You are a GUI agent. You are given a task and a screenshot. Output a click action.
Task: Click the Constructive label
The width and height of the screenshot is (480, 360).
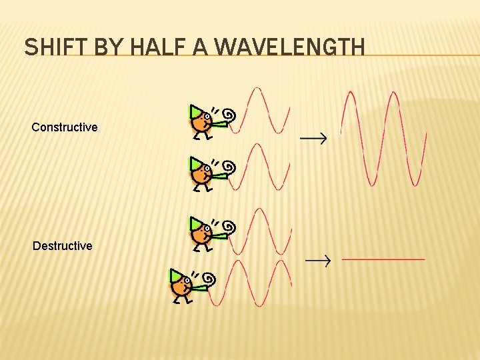coord(65,127)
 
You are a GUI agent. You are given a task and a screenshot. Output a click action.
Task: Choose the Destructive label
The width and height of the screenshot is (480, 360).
coord(63,246)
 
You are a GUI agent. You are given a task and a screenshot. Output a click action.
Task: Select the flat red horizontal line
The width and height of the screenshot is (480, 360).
coord(383,259)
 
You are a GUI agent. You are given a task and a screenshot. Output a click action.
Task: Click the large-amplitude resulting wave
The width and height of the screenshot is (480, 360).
coord(383,138)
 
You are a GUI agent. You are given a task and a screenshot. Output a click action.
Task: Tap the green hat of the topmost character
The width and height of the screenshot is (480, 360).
coord(194,111)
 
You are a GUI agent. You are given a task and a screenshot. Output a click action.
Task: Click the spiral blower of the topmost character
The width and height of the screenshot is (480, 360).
coord(229,115)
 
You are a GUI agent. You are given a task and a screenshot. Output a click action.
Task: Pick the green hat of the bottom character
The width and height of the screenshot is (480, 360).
coord(175,275)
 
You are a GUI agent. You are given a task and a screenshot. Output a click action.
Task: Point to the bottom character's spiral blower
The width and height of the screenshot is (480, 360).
coord(209,279)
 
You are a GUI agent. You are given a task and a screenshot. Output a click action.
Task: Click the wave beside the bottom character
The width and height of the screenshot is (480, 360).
coord(251,283)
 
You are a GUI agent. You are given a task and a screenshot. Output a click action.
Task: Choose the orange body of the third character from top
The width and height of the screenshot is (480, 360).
coord(199,233)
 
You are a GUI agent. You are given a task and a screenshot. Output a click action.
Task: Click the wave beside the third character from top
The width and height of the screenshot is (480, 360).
coord(263,231)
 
